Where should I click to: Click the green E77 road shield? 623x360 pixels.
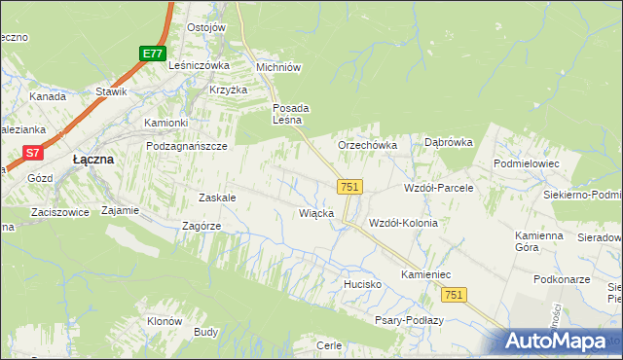click(x=151, y=54)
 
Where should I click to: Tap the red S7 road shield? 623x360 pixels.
click(x=33, y=152)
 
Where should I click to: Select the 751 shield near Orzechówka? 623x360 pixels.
click(x=350, y=186)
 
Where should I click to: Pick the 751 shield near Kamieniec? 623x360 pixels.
click(x=453, y=294)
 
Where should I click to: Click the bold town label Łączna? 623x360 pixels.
click(x=94, y=159)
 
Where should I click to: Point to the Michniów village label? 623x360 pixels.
click(x=277, y=67)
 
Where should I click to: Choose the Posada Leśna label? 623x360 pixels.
click(x=290, y=114)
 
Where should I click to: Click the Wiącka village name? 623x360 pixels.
click(x=317, y=212)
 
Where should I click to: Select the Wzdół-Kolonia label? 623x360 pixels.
click(x=403, y=223)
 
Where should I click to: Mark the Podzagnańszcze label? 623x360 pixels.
click(x=186, y=145)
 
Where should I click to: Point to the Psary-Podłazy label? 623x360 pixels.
click(x=409, y=320)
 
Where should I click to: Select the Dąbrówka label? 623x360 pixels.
click(x=448, y=142)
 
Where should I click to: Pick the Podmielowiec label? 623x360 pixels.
click(x=527, y=164)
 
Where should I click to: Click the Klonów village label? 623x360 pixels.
click(x=165, y=321)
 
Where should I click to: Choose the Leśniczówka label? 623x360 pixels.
click(x=198, y=65)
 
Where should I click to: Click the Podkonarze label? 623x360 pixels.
click(x=562, y=279)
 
